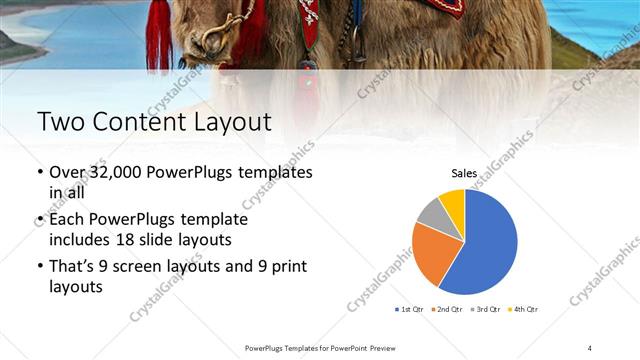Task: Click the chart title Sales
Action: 464,173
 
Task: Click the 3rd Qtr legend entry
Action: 487,309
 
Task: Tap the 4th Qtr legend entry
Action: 524,309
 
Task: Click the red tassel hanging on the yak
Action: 159,35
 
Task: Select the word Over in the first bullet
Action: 67,172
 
